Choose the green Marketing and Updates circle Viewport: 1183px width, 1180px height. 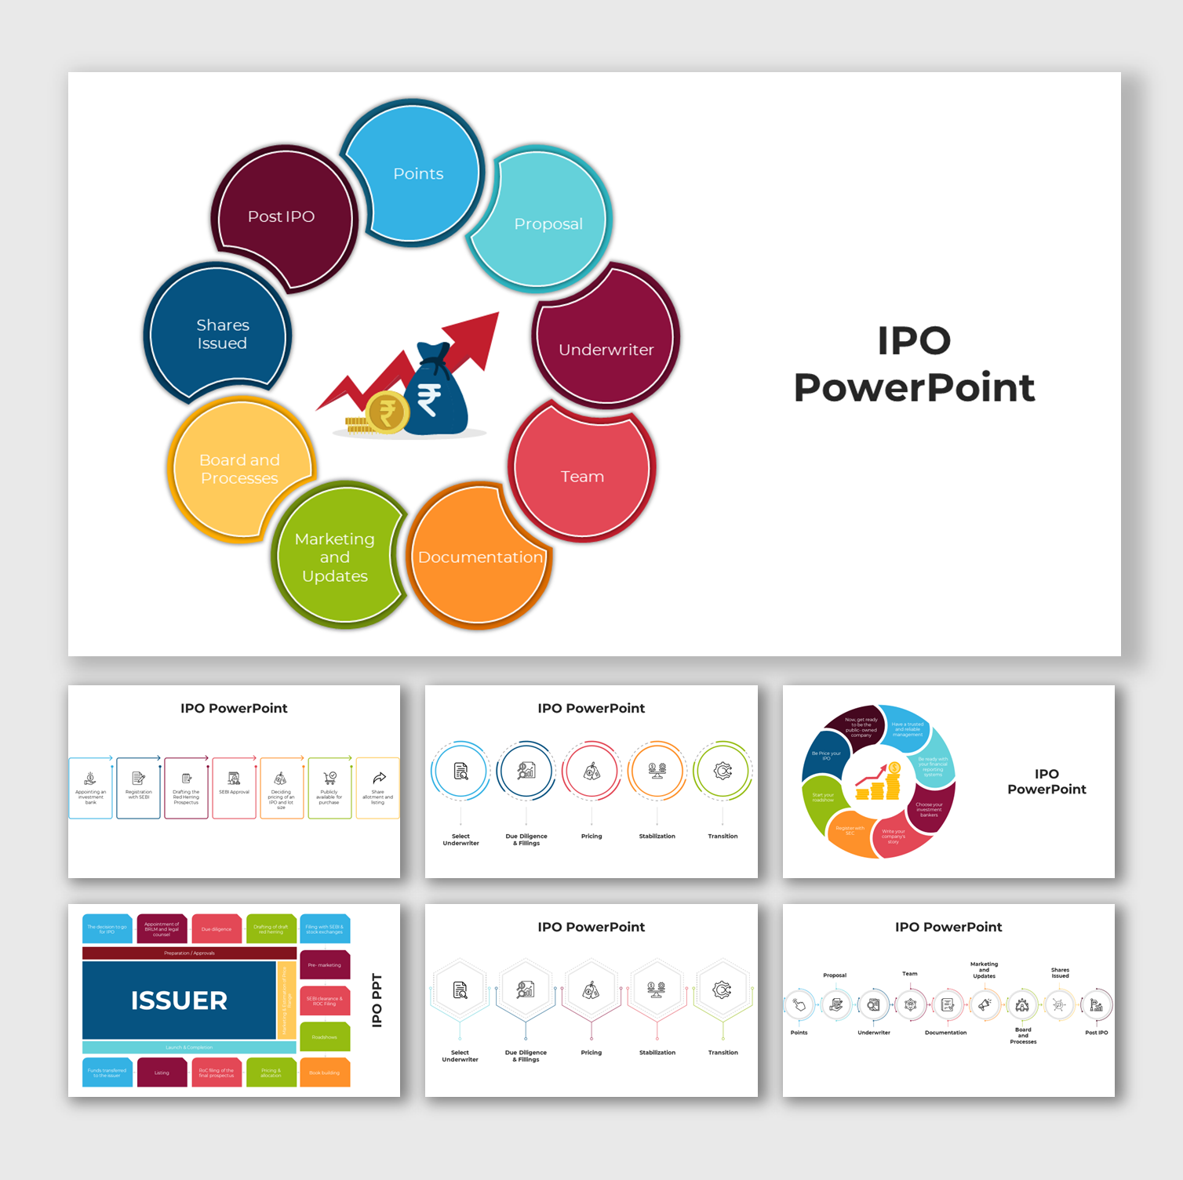click(336, 557)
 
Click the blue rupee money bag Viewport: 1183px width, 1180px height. click(434, 392)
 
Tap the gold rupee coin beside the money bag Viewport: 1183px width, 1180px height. click(387, 412)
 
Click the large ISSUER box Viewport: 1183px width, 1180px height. click(179, 1000)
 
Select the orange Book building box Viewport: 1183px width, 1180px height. click(325, 1073)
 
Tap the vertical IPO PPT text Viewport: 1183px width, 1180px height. click(377, 1000)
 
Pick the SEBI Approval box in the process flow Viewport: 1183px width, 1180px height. click(234, 788)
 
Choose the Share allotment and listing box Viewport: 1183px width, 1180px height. click(378, 788)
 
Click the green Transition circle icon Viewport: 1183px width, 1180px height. click(723, 772)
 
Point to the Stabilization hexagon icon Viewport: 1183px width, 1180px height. click(657, 990)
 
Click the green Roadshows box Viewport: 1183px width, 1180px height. click(325, 1037)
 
